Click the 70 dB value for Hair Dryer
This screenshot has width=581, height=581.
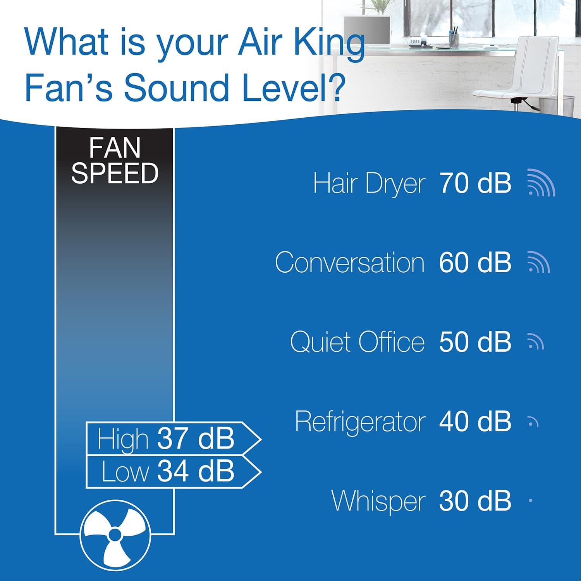475,183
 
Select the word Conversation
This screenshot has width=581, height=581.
350,263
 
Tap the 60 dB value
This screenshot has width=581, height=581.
475,263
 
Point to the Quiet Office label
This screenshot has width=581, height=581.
357,342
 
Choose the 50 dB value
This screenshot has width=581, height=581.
475,342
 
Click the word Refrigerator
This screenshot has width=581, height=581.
360,421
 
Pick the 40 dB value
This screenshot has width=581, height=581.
475,421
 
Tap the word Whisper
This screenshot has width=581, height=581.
378,501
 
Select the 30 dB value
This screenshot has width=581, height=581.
475,501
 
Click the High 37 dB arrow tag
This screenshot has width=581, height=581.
172,438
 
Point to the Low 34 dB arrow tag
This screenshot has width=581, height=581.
172,471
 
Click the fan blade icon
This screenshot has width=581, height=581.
115,535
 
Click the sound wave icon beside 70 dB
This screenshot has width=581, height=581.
541,183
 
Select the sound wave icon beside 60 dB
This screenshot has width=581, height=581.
538,262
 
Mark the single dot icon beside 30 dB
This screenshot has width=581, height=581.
530,501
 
